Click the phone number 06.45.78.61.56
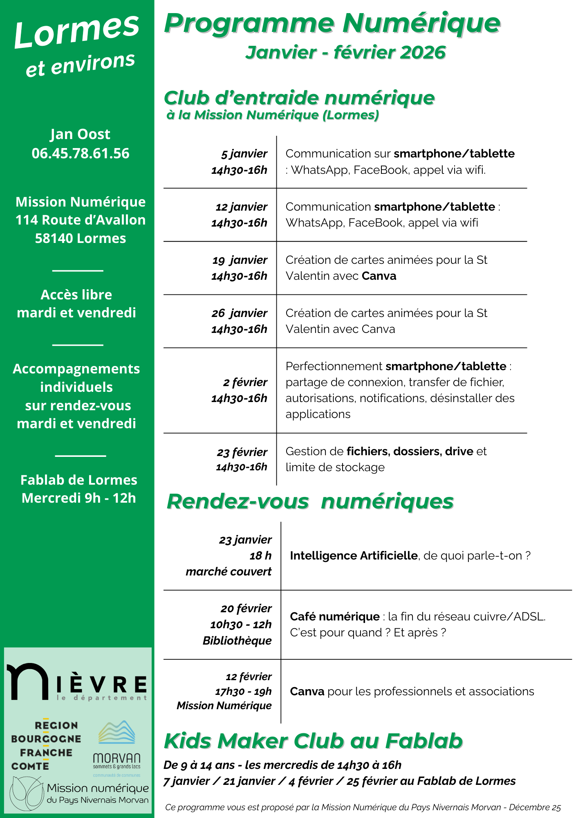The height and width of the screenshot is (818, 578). pyautogui.click(x=81, y=153)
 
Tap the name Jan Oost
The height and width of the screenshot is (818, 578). pyautogui.click(x=80, y=134)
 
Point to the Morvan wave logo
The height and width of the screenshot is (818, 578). pyautogui.click(x=117, y=733)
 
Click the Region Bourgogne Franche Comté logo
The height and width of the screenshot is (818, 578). pyautogui.click(x=46, y=746)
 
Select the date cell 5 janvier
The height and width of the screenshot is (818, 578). pyautogui.click(x=244, y=154)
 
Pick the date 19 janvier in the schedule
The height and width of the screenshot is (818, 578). pyautogui.click(x=240, y=260)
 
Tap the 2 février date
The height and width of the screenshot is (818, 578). pyautogui.click(x=245, y=382)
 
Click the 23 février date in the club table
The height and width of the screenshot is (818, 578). pyautogui.click(x=242, y=452)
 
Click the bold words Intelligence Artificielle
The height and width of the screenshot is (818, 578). pyautogui.click(x=354, y=555)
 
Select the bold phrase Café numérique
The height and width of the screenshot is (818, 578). pyautogui.click(x=335, y=616)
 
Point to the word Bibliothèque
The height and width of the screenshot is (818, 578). pyautogui.click(x=237, y=640)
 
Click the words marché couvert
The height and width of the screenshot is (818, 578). pyautogui.click(x=229, y=571)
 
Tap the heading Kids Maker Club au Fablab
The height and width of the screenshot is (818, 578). pyautogui.click(x=313, y=741)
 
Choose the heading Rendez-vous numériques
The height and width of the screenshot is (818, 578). pyautogui.click(x=310, y=501)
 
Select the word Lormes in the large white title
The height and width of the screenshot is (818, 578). pyautogui.click(x=77, y=31)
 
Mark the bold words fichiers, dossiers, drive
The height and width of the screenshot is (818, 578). pyautogui.click(x=410, y=451)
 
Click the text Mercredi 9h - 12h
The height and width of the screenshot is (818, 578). pyautogui.click(x=78, y=498)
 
